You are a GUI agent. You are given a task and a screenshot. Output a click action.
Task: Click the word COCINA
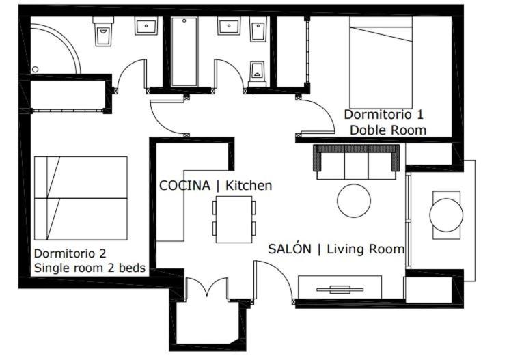(184, 186)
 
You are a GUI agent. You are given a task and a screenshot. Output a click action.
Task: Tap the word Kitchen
(249, 186)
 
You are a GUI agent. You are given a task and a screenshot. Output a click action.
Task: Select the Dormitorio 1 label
(384, 115)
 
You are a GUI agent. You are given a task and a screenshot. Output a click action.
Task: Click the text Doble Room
(388, 130)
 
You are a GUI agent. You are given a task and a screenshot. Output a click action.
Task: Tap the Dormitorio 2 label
(70, 253)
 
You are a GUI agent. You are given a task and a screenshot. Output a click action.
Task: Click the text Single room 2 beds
(90, 268)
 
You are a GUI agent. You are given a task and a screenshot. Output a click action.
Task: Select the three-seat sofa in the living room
(356, 162)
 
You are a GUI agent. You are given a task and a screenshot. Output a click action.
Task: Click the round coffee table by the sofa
(354, 201)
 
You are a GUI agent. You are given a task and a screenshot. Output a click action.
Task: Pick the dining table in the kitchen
(234, 219)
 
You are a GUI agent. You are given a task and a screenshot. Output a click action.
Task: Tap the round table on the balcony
(446, 215)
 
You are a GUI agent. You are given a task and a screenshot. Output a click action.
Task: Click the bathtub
(184, 52)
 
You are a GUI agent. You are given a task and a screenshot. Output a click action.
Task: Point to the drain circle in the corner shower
(35, 69)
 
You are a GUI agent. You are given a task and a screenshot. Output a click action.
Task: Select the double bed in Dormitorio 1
(381, 63)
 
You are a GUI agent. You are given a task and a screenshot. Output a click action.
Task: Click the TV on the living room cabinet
(340, 289)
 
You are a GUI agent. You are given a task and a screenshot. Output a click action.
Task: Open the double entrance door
(206, 288)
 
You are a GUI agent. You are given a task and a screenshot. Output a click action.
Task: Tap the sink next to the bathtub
(229, 26)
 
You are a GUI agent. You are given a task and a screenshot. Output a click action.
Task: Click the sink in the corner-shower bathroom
(146, 26)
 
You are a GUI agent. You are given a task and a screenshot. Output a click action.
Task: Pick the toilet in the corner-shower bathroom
(103, 31)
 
